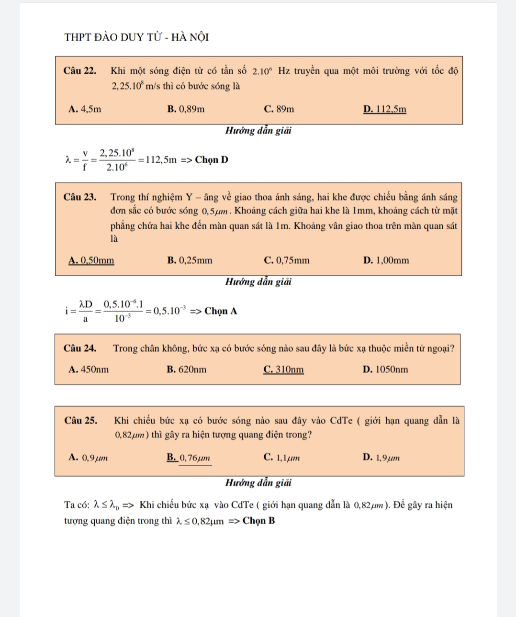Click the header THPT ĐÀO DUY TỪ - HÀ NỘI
[136, 37]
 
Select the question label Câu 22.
[80, 71]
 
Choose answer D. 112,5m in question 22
[384, 109]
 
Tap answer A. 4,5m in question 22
[85, 109]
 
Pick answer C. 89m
[279, 109]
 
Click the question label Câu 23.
[80, 197]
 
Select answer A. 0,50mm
[91, 260]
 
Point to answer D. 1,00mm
[386, 260]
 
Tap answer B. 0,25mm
[190, 260]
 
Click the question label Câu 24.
[80, 348]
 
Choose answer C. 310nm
[283, 370]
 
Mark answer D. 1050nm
[385, 370]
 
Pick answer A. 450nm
[89, 370]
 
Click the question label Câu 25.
[81, 421]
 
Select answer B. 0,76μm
[189, 458]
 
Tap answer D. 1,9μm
[381, 458]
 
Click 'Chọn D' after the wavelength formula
[212, 160]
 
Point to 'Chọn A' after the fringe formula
[221, 311]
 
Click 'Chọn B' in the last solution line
[258, 521]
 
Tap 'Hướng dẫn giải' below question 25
[258, 483]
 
